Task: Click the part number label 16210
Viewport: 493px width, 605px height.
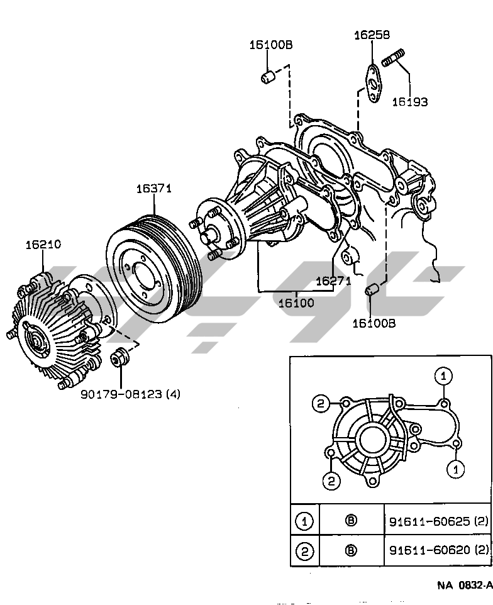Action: (x=43, y=244)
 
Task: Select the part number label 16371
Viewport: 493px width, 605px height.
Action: (x=154, y=188)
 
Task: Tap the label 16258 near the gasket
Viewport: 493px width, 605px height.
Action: (x=372, y=35)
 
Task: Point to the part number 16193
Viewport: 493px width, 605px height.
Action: (x=410, y=102)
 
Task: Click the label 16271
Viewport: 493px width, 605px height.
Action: (x=334, y=281)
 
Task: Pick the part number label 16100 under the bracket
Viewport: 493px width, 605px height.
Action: (x=296, y=302)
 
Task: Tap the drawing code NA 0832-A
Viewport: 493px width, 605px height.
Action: (x=465, y=586)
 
